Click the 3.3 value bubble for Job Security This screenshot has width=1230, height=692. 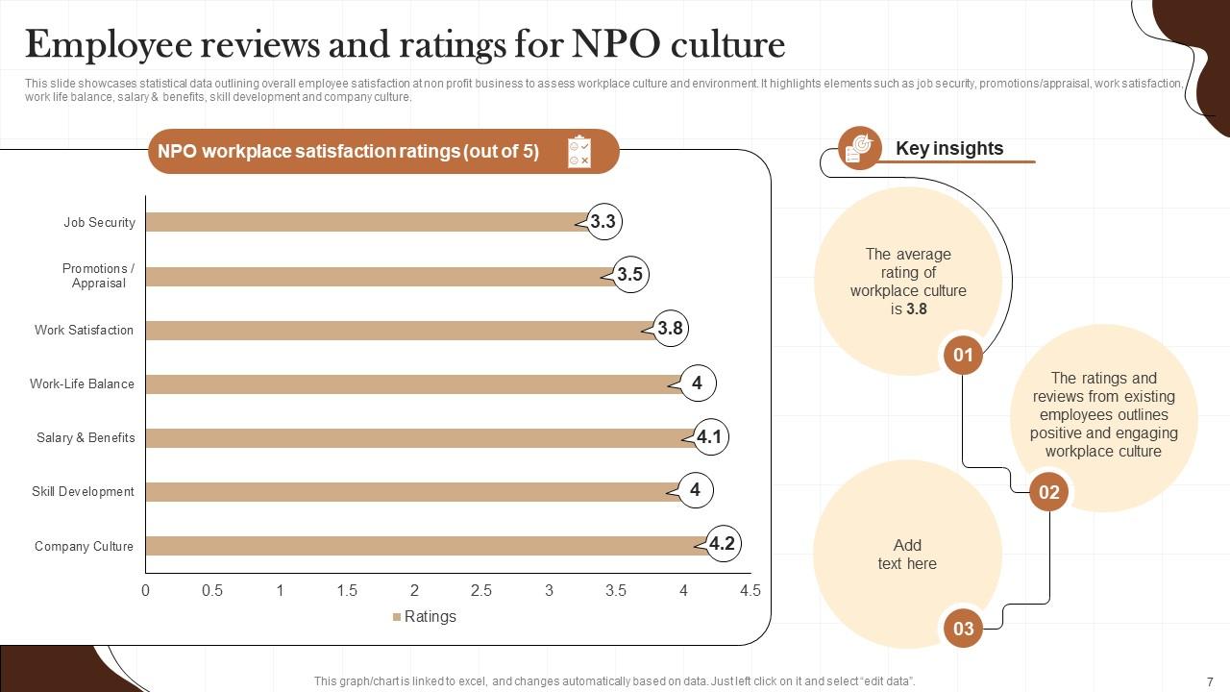click(x=603, y=222)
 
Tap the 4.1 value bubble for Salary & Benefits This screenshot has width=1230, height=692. click(x=709, y=437)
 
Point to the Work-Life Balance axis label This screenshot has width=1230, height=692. click(x=83, y=383)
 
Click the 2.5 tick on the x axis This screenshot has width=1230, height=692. click(x=481, y=590)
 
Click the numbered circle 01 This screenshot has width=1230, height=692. click(x=963, y=355)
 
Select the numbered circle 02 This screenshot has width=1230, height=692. click(x=1048, y=492)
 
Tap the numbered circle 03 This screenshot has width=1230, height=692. click(x=963, y=629)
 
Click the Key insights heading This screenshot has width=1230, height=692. click(x=949, y=148)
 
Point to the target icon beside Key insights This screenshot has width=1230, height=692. click(x=859, y=148)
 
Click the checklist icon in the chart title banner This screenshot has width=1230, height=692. click(x=579, y=151)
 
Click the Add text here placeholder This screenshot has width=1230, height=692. click(x=907, y=555)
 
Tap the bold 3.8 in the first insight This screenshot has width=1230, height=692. click(x=917, y=309)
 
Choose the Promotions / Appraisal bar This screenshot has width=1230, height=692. click(x=375, y=276)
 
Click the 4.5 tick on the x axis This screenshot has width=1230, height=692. click(x=750, y=590)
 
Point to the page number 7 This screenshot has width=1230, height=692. click(x=1210, y=680)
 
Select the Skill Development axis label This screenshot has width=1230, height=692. click(x=83, y=491)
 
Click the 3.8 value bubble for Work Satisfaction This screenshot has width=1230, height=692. click(x=670, y=329)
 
